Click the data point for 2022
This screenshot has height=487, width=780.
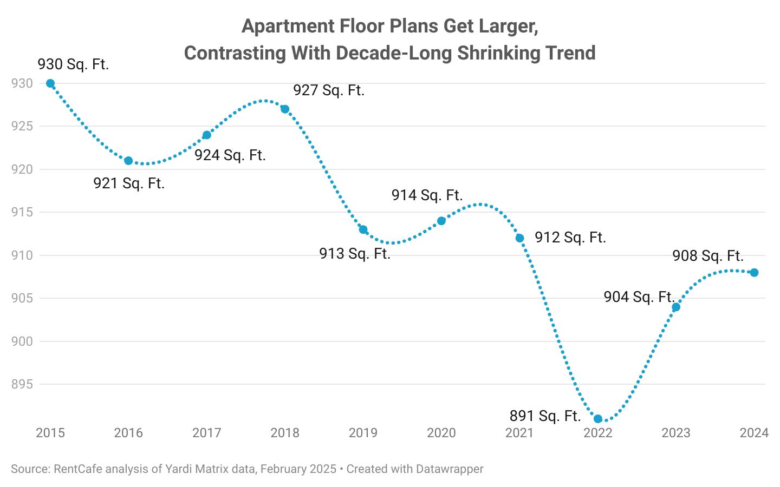pos(598,419)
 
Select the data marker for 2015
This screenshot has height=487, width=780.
pos(50,83)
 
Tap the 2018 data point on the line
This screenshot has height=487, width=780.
pos(285,109)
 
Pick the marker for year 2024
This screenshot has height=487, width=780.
pos(754,273)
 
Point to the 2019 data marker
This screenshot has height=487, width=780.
pos(363,229)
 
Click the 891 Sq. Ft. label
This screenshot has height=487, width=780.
pos(545,416)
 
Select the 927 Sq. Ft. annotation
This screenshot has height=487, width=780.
pos(329,90)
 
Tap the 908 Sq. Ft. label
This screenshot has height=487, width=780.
pos(707,255)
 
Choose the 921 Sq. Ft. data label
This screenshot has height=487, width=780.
pos(129,183)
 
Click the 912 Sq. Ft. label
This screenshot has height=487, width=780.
pos(570,238)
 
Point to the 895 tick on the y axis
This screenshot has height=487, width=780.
pos(22,384)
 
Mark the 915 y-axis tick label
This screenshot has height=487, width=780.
pos(22,212)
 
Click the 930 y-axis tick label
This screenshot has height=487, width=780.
pos(22,83)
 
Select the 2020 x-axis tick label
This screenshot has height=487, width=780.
pos(441,433)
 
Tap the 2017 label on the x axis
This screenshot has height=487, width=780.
pos(206,433)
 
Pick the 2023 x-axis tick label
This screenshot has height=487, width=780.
pos(676,433)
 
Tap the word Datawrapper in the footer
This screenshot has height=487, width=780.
pos(449,469)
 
